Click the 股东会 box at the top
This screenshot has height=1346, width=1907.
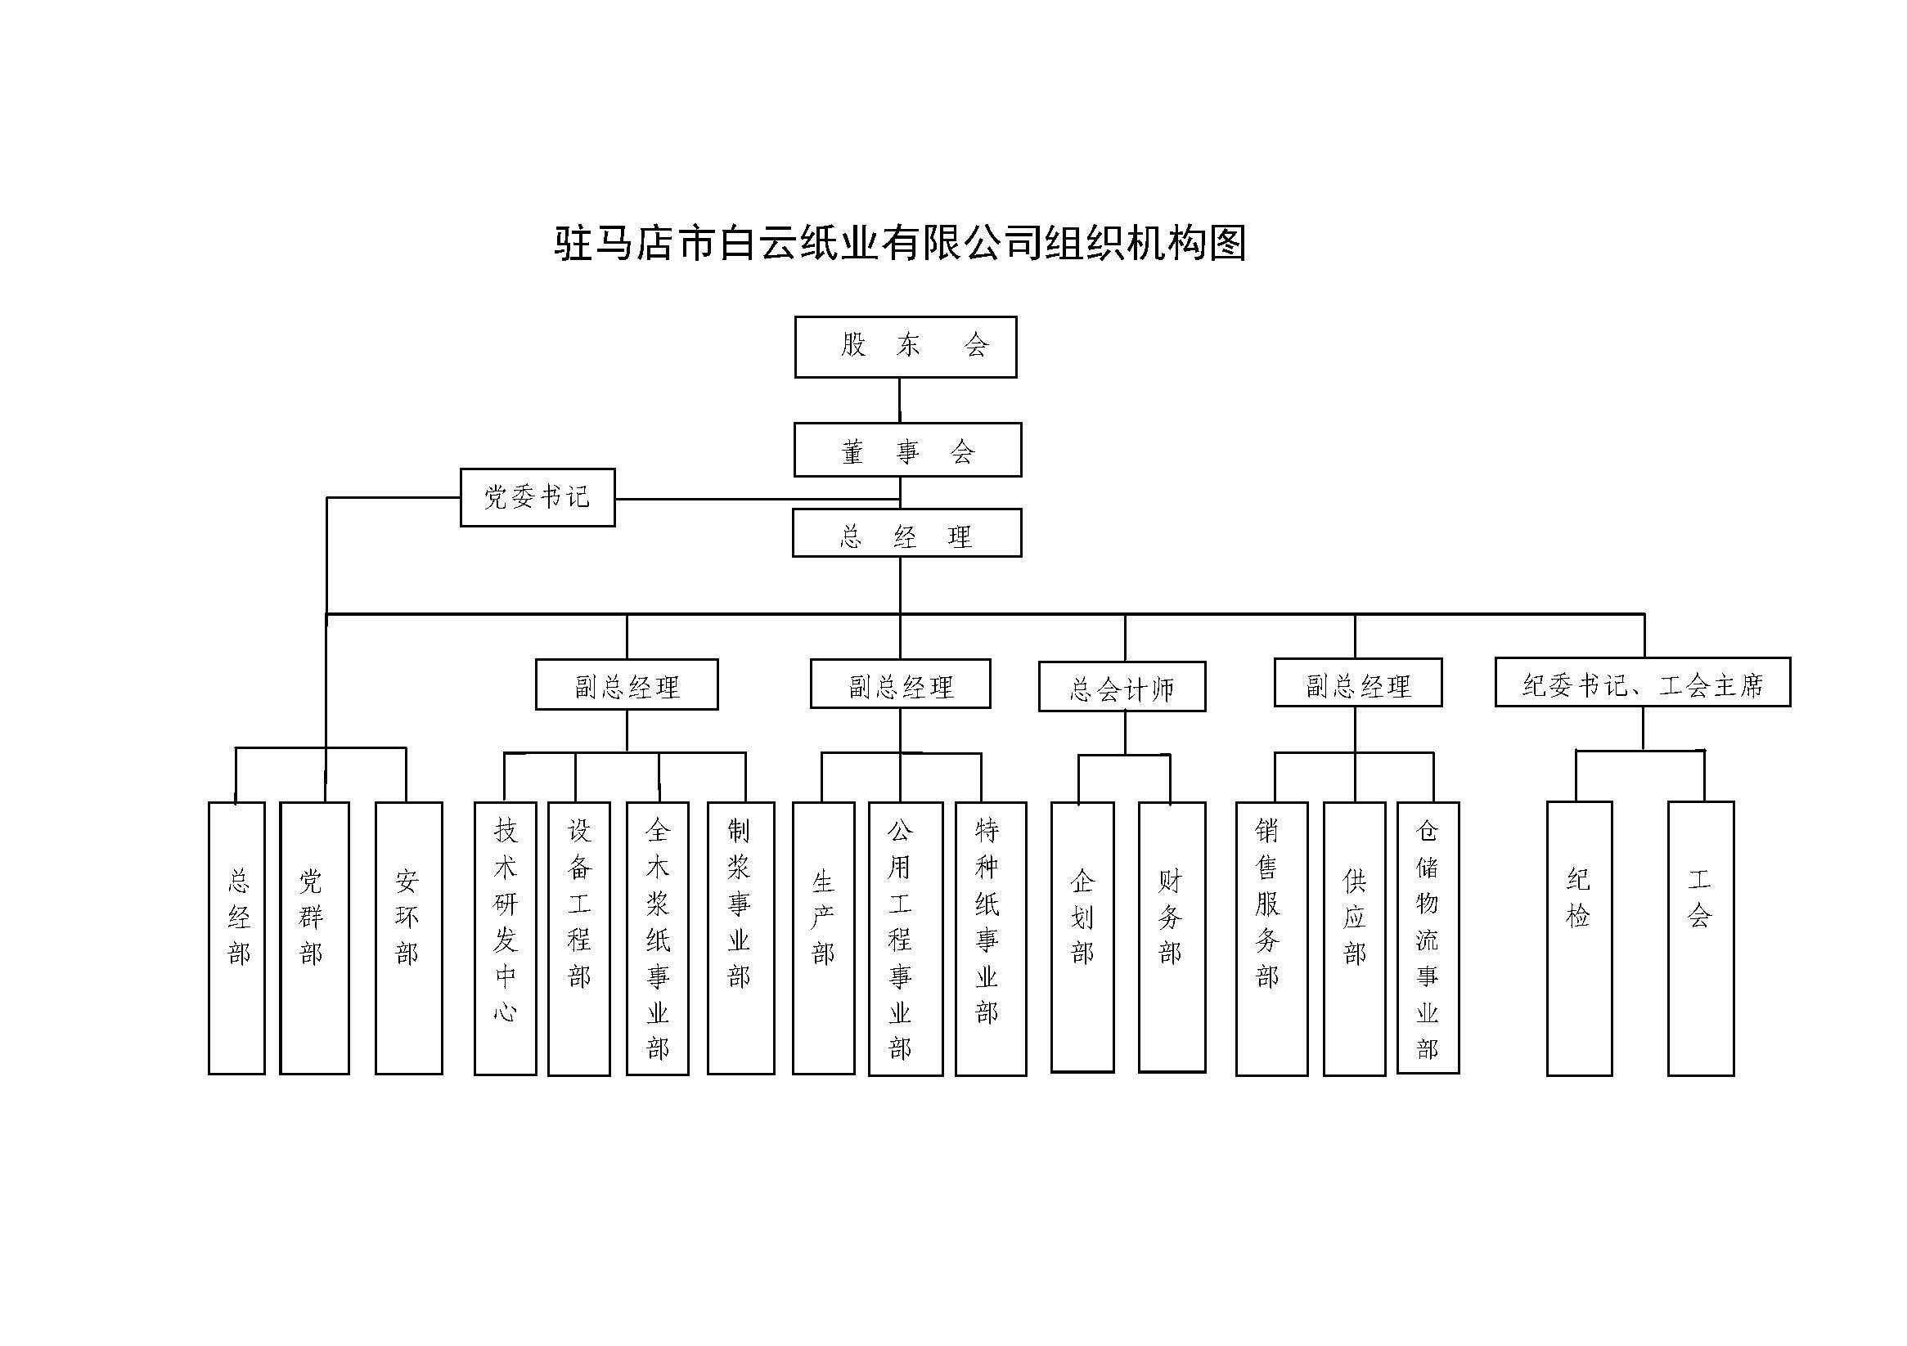906,346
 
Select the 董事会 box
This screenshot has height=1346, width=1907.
907,450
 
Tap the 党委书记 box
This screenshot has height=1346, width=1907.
537,497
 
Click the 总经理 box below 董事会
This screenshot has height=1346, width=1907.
906,533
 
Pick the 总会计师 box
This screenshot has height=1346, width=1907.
1122,687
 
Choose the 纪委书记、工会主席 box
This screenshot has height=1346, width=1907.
1642,683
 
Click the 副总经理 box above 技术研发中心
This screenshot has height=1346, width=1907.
626,685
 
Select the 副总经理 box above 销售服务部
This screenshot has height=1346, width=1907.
1357,684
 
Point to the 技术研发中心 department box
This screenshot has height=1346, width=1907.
505,938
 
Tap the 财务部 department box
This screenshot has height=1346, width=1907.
1171,936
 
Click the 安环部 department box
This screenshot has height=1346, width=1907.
407,937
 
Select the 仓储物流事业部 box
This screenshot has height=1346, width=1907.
1427,937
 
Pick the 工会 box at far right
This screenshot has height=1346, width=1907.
1700,938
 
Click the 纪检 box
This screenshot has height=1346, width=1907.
1578,938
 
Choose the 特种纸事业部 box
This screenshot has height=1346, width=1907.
990,938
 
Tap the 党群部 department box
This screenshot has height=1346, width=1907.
314,937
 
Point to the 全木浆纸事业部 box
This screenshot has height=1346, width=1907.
657,938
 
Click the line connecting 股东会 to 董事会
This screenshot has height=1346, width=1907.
900,400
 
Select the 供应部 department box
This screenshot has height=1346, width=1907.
1354,938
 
